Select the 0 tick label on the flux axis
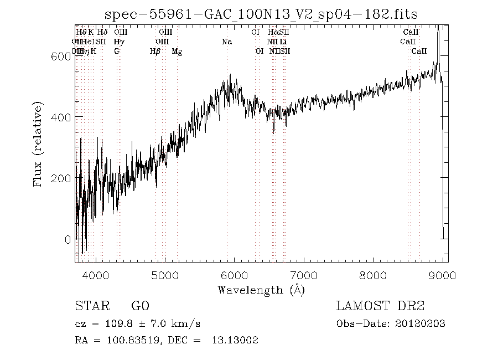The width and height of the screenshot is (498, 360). [68, 240]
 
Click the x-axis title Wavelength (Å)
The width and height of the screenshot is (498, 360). [261, 290]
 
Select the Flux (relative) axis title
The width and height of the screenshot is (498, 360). [39, 144]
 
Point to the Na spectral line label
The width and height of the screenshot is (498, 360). [227, 42]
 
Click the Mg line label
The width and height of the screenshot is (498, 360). [177, 51]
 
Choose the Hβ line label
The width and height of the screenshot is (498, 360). [155, 51]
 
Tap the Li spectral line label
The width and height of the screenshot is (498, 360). [283, 42]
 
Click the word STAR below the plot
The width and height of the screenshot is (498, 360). [90, 306]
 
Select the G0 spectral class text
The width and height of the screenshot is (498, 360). [140, 306]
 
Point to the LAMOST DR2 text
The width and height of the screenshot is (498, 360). [380, 306]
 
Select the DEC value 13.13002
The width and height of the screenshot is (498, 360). [235, 340]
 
